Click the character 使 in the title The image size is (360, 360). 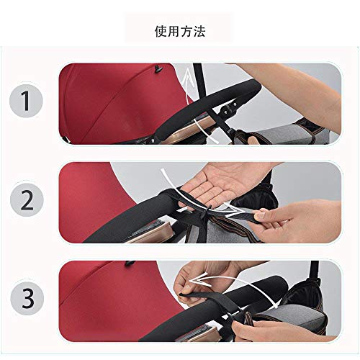pos(161,32)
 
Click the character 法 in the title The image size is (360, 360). pos(199,32)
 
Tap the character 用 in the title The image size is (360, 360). pos(174,32)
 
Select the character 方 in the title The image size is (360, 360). pos(186,32)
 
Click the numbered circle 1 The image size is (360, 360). pos(26,101)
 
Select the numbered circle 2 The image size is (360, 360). pos(27,200)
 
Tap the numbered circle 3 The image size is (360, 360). pos(27,298)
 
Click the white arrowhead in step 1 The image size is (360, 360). pos(189,77)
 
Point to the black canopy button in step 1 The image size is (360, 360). pos(158,69)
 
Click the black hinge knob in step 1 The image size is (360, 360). pos(227,109)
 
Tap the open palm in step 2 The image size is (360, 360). pos(225,183)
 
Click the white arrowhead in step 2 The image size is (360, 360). pos(234,210)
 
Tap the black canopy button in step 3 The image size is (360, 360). pos(130,264)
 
